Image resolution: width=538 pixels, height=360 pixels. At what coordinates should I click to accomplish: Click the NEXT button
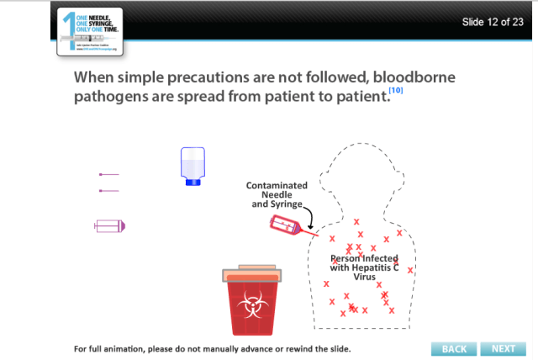point(504,348)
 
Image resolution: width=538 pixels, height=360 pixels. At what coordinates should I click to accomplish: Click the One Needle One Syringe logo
point(90,31)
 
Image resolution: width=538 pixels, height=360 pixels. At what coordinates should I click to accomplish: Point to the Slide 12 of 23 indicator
point(493,21)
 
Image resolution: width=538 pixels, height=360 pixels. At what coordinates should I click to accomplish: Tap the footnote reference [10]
point(397,90)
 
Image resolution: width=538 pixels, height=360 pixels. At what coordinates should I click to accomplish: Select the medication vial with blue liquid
point(193,166)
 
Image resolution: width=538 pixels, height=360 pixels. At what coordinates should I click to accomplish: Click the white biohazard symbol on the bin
point(251,308)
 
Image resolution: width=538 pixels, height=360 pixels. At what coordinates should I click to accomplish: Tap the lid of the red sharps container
point(251,274)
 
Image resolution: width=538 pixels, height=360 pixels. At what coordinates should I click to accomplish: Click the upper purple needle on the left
point(109,174)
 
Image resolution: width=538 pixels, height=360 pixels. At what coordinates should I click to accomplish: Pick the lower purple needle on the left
point(109,191)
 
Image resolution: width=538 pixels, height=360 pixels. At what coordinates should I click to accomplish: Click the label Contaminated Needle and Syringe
point(277,194)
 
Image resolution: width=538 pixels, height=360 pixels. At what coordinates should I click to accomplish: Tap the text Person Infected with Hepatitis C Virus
point(364,267)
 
